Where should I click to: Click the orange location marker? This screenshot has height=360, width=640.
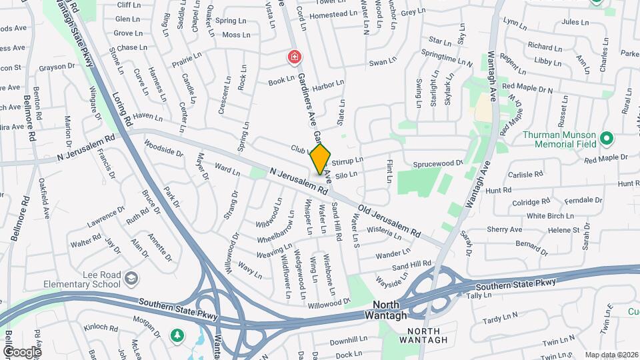[x=320, y=159]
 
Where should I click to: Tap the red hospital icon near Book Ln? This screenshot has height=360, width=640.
[x=293, y=59]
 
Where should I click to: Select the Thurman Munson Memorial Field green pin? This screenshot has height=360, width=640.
[x=606, y=139]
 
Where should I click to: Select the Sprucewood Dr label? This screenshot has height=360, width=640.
[x=437, y=163]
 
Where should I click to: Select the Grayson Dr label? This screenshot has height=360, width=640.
[x=61, y=67]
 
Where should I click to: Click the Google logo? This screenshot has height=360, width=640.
[x=22, y=351]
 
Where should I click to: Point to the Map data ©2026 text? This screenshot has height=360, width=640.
[x=611, y=355]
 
